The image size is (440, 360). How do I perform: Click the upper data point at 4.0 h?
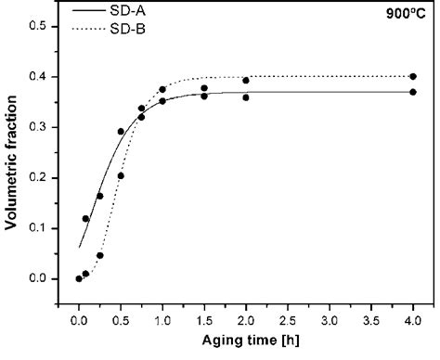[413, 77]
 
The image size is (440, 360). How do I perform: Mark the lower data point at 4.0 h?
[413, 92]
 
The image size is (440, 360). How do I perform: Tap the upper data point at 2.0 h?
[246, 81]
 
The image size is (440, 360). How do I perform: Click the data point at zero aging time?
[79, 278]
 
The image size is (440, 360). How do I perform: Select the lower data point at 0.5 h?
[121, 175]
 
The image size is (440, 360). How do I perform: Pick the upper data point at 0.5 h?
[121, 132]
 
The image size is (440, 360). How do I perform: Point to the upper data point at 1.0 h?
[162, 90]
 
